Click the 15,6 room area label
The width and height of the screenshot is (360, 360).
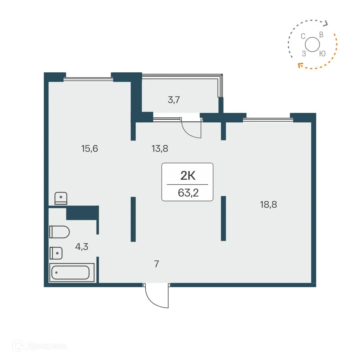[x=90, y=149]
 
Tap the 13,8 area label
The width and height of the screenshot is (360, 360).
[x=160, y=149]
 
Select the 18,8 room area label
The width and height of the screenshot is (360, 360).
[x=268, y=205]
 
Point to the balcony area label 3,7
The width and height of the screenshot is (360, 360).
[x=174, y=100]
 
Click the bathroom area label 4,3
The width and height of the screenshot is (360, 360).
[x=81, y=246]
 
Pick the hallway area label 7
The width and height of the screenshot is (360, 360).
[x=156, y=264]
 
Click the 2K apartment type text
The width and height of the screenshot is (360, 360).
[x=188, y=176]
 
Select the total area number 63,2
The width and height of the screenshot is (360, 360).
[x=188, y=192]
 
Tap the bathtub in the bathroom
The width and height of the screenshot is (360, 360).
[x=71, y=272]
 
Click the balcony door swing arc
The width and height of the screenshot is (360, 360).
[x=191, y=129]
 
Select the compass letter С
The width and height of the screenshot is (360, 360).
[x=303, y=36]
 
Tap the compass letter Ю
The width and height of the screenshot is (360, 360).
[x=322, y=54]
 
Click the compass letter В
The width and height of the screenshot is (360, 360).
[x=321, y=35]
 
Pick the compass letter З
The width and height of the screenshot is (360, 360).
[x=304, y=54]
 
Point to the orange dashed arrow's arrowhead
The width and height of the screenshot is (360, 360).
[x=299, y=65]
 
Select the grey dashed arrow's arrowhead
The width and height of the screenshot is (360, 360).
[x=326, y=23]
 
